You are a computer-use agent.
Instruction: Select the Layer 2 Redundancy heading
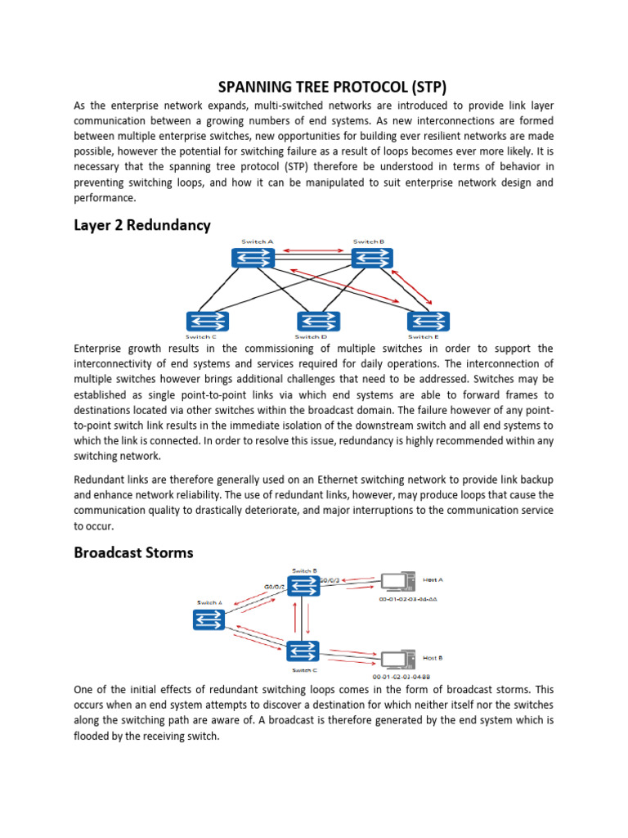(x=142, y=224)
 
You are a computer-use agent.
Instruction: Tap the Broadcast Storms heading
(x=133, y=552)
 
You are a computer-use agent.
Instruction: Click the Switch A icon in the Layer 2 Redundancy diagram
(x=253, y=259)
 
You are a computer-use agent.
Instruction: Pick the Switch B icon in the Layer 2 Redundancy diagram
(x=373, y=259)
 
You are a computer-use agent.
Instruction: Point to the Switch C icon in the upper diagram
(x=208, y=321)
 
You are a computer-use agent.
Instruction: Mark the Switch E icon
(x=428, y=321)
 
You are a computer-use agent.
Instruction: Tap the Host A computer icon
(x=397, y=583)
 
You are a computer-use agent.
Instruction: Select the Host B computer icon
(x=397, y=659)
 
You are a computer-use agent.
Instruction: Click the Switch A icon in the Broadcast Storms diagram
(x=209, y=619)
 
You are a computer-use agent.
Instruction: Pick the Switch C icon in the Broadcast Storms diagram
(x=303, y=651)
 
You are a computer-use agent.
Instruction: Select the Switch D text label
(x=311, y=336)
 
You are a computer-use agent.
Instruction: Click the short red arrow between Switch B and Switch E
(x=418, y=286)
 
